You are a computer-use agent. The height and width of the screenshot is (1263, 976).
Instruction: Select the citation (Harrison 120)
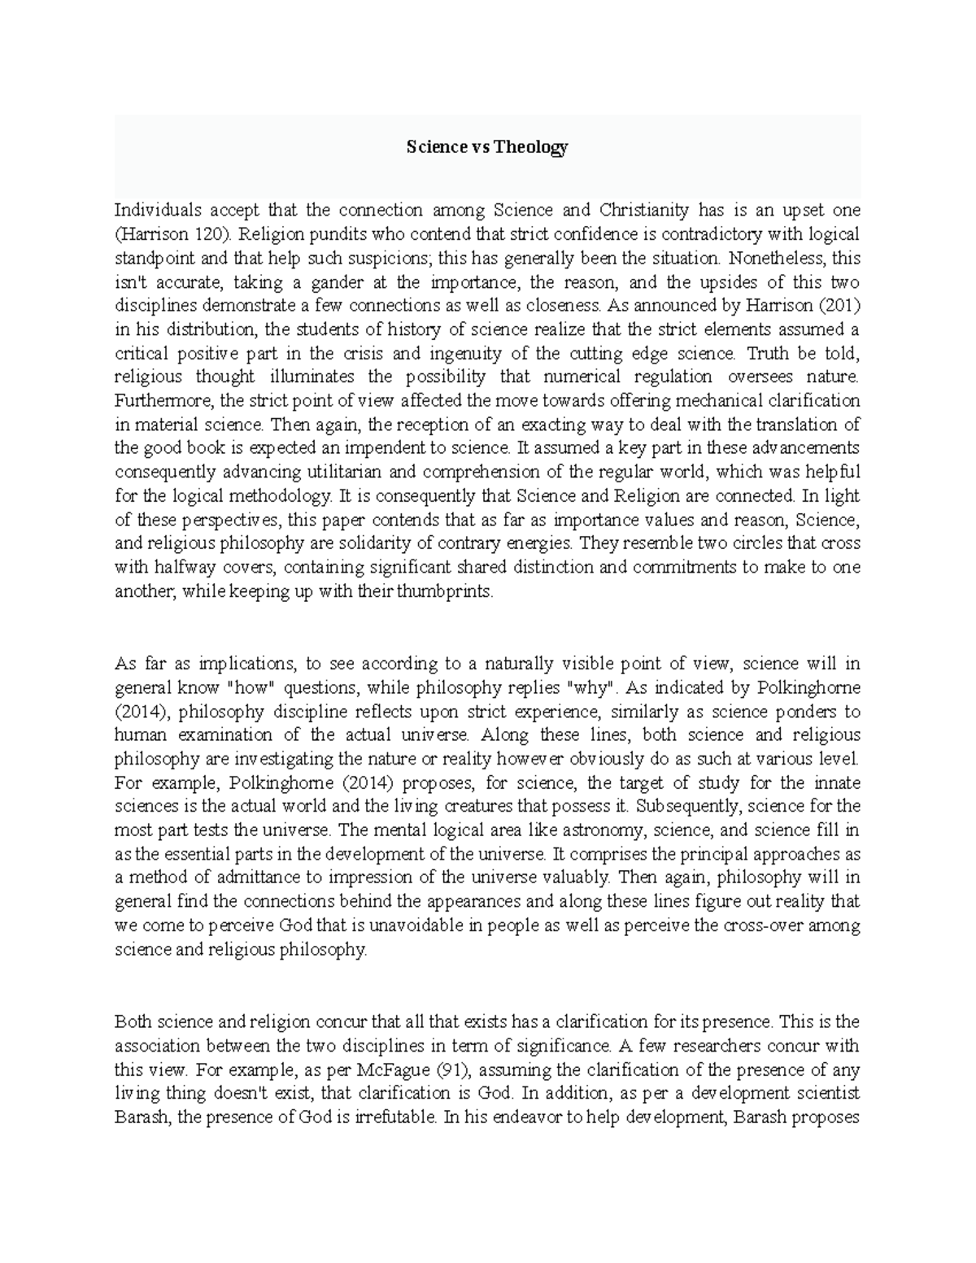(x=167, y=234)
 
